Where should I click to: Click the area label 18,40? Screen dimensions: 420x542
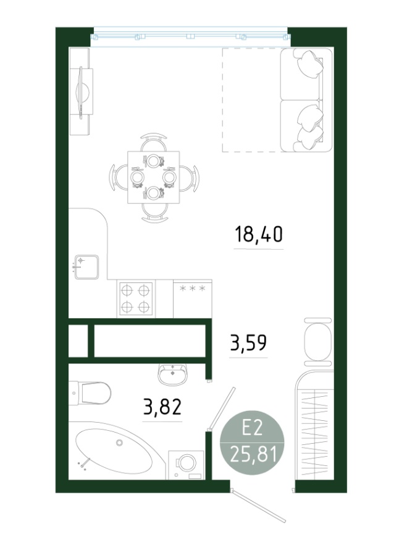258,234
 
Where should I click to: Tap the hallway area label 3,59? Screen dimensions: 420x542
248,342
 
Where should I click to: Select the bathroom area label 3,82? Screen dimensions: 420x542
162,407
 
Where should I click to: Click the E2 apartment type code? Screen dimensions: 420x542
252,429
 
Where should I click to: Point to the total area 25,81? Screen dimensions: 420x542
253,454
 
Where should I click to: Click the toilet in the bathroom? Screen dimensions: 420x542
90,392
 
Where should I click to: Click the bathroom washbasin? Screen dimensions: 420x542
173,374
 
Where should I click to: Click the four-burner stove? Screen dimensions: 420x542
136,299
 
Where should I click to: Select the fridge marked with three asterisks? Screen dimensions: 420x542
192,299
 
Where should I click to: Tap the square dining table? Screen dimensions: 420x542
153,177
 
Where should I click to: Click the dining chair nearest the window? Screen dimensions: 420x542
154,142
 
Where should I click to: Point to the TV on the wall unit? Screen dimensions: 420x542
83,93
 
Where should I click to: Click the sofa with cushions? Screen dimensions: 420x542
306,100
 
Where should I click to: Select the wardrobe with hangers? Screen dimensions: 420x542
314,425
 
